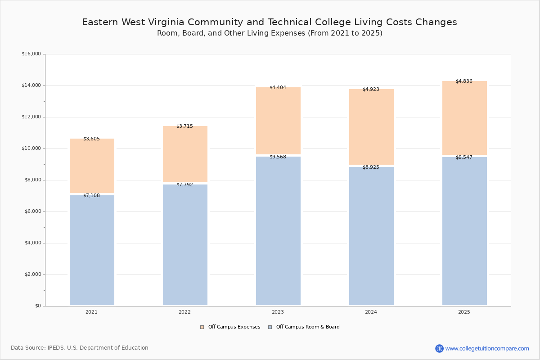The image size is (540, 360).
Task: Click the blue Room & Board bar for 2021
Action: [92, 250]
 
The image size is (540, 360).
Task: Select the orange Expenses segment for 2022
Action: [185, 154]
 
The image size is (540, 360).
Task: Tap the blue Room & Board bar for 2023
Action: [278, 231]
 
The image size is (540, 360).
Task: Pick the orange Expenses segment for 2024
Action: [372, 127]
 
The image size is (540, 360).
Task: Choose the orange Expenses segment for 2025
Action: [464, 118]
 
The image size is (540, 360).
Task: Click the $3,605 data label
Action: [92, 139]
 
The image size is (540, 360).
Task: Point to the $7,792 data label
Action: [184, 184]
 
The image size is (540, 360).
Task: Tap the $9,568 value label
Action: [278, 157]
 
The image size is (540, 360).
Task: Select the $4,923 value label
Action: [371, 90]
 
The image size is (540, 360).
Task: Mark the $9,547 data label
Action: [464, 157]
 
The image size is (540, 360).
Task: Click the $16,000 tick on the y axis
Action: [31, 54]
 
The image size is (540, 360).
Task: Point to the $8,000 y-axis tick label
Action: [32, 180]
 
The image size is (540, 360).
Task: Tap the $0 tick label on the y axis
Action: [38, 306]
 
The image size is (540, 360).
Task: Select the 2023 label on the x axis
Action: [278, 312]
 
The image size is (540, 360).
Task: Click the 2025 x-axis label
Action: [464, 312]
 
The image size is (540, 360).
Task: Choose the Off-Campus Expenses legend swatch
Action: [202, 327]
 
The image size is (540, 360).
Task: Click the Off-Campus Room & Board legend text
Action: [308, 327]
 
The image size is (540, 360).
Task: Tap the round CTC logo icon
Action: [439, 348]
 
